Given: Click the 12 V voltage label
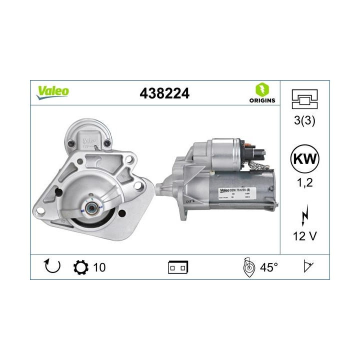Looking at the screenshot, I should tap(304, 234).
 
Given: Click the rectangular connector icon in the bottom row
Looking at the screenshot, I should tap(177, 267).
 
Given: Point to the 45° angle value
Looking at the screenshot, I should tap(268, 267).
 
